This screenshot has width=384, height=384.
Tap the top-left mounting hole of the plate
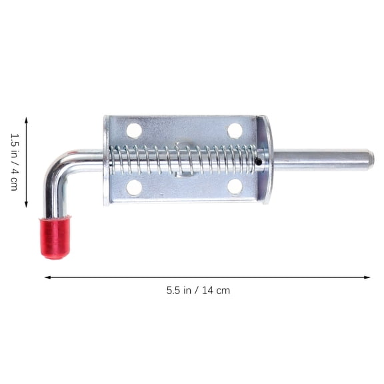pos(135,131)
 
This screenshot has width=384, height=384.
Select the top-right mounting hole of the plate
pos(235,131)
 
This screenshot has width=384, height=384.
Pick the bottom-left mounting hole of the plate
pos(135,187)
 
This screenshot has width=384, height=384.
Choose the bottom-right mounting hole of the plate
pos(235,187)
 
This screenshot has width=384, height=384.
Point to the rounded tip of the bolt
pos(370,159)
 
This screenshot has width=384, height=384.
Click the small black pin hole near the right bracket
pos(258,161)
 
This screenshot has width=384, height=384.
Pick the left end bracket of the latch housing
pos(107,160)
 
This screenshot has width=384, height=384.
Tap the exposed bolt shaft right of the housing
pos(320,159)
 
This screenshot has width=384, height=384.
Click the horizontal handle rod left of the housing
pos(87,159)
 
